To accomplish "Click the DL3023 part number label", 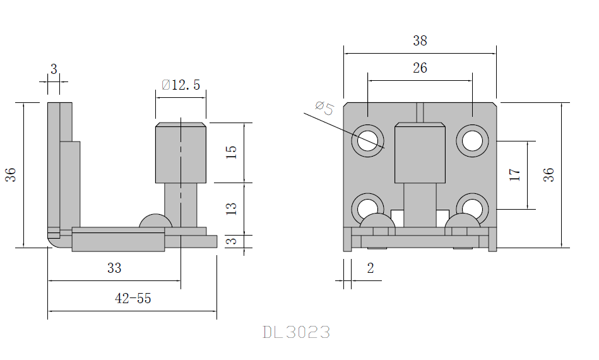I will click(296, 332).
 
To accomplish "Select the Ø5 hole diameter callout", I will click(324, 108).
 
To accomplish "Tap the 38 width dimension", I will click(420, 41).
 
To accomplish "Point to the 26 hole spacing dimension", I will click(420, 68).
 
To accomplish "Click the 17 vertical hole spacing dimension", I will click(515, 175).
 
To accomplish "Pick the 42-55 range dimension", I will click(133, 299).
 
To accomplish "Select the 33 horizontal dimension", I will click(114, 268).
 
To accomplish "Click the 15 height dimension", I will click(231, 152).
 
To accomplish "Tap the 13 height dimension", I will click(231, 208).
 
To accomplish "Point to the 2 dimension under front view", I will click(371, 268).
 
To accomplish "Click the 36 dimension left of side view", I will click(11, 175).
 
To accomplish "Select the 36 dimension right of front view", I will click(549, 175).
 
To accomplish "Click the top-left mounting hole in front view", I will click(368, 141).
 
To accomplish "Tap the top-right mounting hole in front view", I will click(471, 141).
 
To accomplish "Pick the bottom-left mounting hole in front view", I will click(368, 208).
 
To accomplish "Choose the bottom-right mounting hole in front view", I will click(471, 208).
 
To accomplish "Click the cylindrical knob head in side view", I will click(181, 153).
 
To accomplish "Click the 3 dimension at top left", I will click(54, 69).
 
